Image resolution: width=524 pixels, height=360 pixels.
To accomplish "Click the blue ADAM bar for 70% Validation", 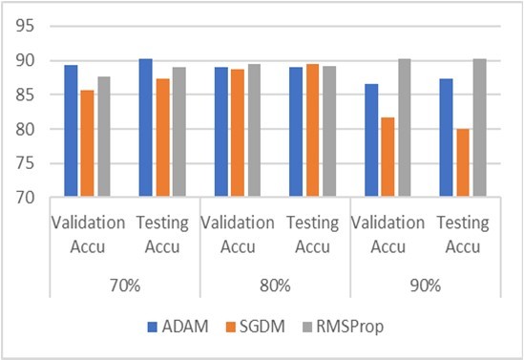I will (71, 131).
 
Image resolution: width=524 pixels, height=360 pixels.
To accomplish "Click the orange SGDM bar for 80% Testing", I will (314, 131).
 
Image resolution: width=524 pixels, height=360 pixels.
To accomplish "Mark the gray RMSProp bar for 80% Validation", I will (254, 131).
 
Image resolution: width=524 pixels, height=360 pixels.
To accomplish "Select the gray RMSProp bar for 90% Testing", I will (482, 128).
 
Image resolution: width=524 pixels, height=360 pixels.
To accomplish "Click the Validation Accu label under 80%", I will (238, 233).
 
